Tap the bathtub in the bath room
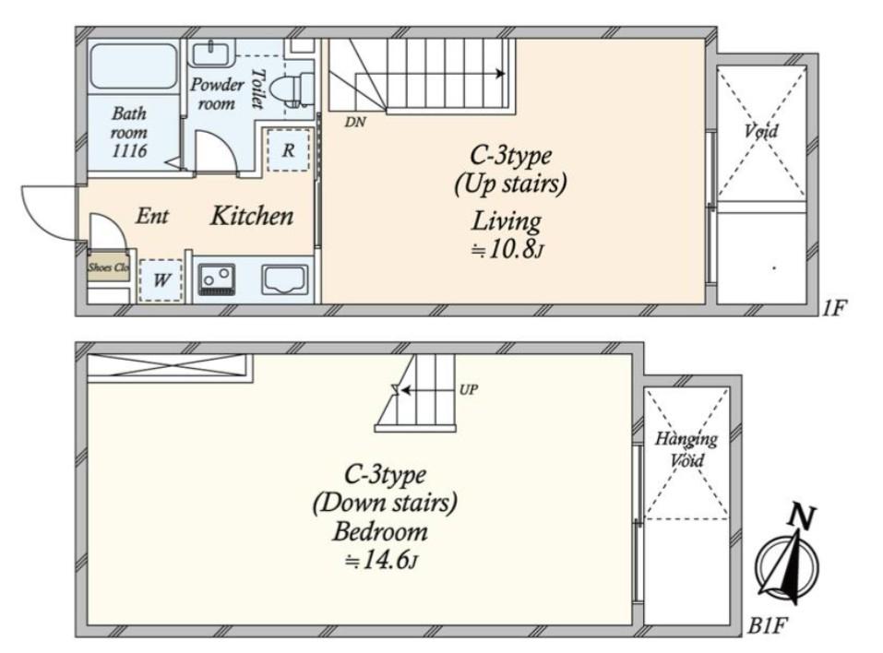134,65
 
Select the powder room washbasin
211,53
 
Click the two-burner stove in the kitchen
216,279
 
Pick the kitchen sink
284,279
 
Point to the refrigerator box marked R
288,150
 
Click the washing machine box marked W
161,279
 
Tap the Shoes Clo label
109,267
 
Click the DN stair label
355,121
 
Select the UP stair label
469,389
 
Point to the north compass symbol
788,557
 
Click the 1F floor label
833,308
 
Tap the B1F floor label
767,625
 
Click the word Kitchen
252,216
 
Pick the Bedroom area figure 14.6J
381,561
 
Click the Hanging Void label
686,448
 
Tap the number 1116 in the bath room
129,150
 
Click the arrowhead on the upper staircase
499,74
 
